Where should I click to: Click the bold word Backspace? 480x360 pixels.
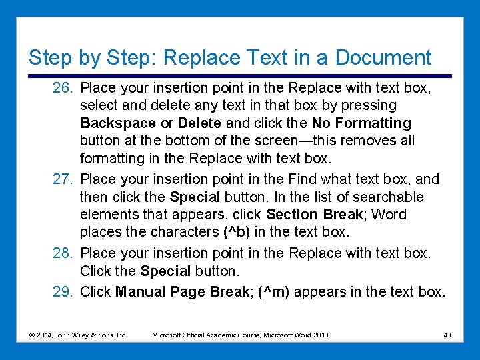[117, 123]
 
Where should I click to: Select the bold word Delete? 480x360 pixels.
[200, 123]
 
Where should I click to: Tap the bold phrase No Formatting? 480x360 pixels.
[361, 123]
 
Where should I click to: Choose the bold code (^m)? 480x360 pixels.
[273, 291]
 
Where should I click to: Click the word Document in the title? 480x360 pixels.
[383, 58]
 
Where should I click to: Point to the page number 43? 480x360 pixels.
[447, 335]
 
